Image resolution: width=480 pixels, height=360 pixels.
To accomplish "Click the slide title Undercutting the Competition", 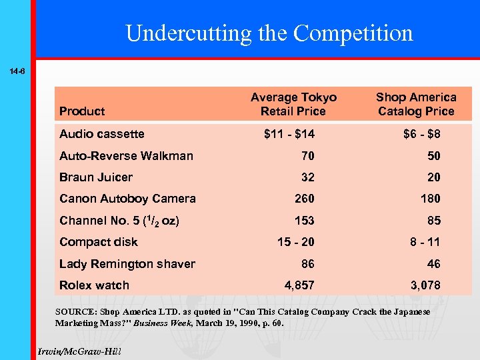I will click(269, 33).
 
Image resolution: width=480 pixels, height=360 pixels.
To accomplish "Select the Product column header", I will click(82, 111).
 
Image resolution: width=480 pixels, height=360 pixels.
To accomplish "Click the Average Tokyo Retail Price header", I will click(293, 105).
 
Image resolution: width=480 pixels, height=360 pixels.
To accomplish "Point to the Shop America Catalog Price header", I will click(416, 105).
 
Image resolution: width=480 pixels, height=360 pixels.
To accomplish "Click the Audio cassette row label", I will click(101, 134).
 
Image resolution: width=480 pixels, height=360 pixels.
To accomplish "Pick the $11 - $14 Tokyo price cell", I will click(289, 134).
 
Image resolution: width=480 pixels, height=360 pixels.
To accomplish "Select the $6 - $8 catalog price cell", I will click(421, 134).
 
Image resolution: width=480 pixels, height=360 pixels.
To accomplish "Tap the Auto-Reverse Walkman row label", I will click(126, 156).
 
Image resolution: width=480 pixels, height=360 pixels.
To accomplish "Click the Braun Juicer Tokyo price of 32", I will click(307, 177).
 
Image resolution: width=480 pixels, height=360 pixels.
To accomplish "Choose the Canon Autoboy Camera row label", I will click(127, 199).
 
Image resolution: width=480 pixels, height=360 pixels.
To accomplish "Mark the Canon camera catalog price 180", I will click(431, 199).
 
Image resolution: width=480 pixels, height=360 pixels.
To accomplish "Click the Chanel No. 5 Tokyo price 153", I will click(304, 221).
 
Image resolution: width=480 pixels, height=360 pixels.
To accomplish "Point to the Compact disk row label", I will click(99, 242).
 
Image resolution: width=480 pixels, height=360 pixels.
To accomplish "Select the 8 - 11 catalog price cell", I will click(425, 242).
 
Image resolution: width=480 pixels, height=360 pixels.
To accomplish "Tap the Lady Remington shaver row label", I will click(127, 264).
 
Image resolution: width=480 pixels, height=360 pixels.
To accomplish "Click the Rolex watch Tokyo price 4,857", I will click(299, 285).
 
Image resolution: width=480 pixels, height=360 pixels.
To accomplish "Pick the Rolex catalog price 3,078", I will click(425, 285).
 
